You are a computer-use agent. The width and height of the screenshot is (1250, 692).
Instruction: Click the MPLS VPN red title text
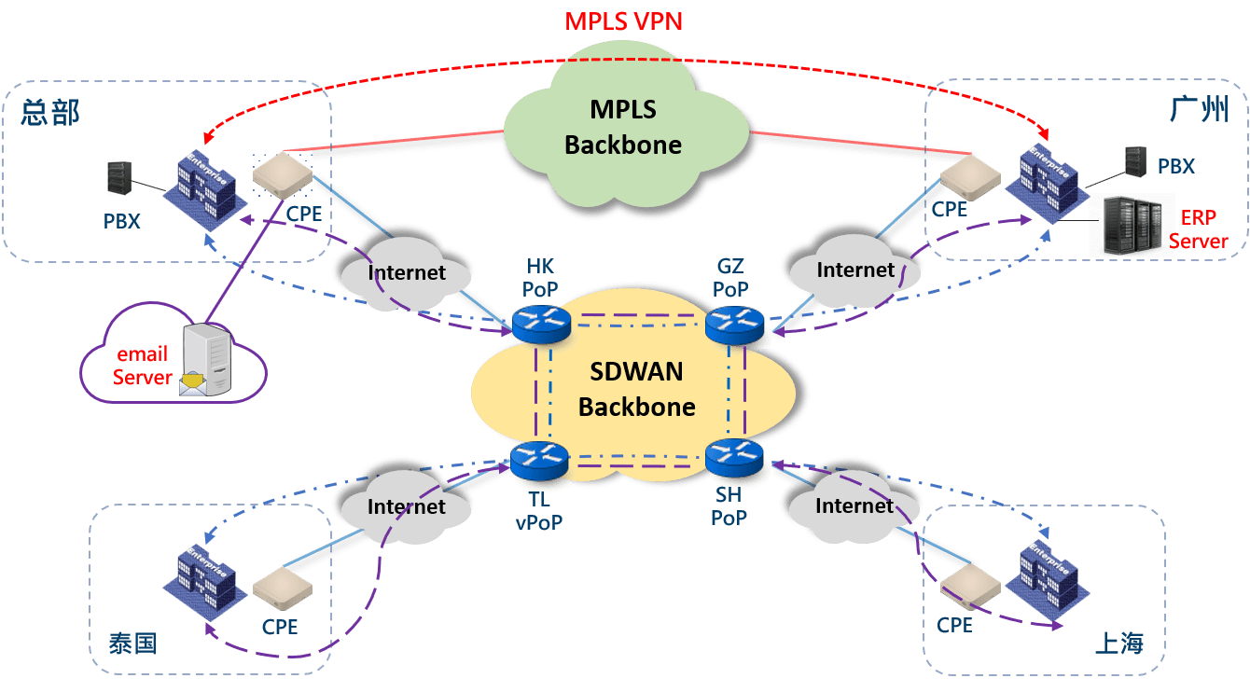624,21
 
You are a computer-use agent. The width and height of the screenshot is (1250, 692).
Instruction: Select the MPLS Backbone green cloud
623,129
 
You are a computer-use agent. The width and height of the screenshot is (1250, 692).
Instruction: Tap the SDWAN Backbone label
637,389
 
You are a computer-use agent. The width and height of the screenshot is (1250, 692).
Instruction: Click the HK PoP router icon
540,323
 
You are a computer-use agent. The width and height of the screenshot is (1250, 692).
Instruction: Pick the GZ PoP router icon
734,323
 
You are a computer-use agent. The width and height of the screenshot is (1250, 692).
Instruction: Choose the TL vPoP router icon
539,458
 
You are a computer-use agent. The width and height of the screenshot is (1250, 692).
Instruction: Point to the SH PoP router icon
734,456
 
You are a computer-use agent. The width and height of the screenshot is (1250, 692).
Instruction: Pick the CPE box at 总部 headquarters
283,175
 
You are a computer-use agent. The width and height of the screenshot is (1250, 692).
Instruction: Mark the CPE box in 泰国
282,588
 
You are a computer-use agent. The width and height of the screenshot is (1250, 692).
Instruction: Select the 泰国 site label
132,644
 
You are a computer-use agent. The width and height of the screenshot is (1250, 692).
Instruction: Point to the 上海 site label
1118,644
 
